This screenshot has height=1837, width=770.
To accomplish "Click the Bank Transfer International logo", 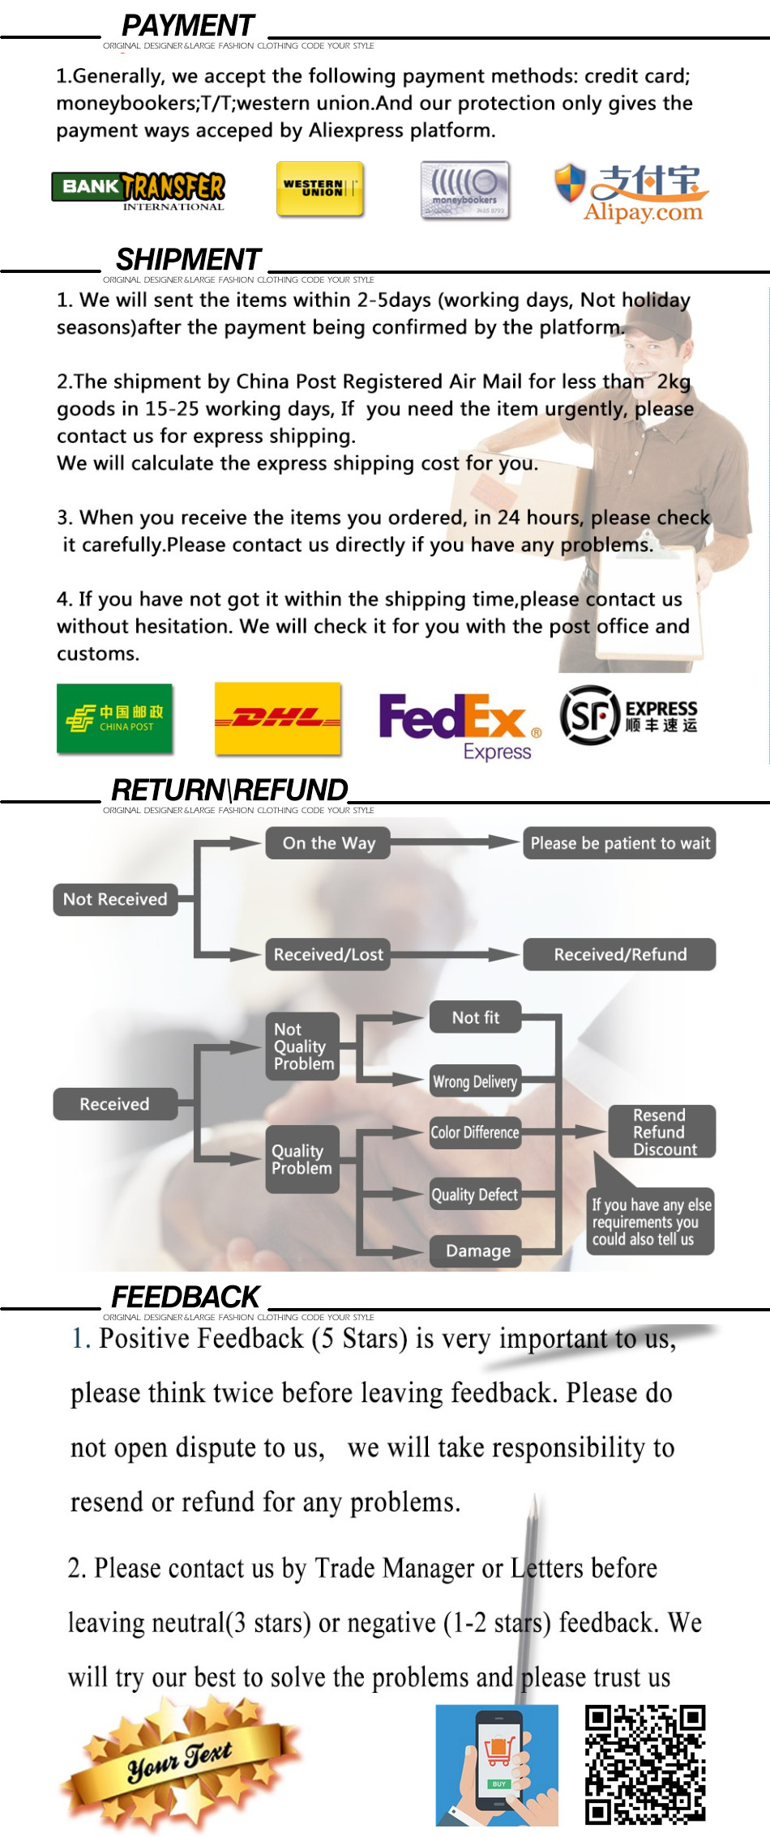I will click(x=139, y=190).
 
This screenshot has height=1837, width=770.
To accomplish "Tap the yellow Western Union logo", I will click(x=319, y=189).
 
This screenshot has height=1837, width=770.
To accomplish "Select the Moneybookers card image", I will click(x=465, y=191).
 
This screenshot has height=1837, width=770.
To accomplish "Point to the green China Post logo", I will click(x=115, y=718).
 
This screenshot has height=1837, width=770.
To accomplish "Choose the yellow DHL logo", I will click(x=278, y=718).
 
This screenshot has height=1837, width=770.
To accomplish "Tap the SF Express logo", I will click(x=628, y=715).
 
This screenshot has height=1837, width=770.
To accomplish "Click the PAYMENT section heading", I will click(x=188, y=26).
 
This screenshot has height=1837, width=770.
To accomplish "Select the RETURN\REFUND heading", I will click(x=229, y=790).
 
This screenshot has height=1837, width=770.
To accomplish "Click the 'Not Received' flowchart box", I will click(x=115, y=899).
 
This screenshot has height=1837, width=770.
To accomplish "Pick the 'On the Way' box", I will click(x=328, y=843).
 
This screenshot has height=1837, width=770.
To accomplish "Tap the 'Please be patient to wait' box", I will click(x=619, y=843).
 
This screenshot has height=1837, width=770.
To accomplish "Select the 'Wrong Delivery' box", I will click(x=475, y=1081).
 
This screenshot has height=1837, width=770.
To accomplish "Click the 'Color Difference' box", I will click(x=475, y=1132).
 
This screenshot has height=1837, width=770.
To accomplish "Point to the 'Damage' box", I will click(x=477, y=1251).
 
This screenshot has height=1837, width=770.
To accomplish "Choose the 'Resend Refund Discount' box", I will click(x=661, y=1132).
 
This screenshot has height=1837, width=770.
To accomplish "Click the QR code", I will click(x=645, y=1764).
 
